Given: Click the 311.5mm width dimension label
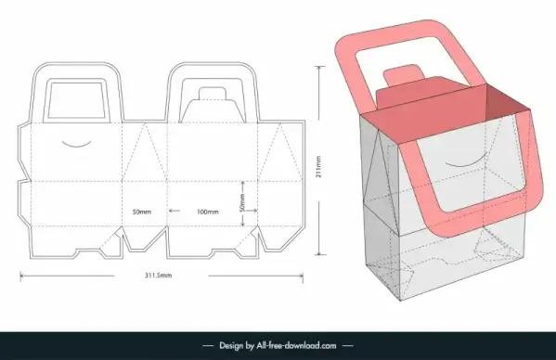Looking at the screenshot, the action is pos(158,276).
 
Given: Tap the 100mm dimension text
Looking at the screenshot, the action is pos(207,212).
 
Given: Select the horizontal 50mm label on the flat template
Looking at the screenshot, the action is pos(142,212).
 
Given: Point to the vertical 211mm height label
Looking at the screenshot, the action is pos(318,166).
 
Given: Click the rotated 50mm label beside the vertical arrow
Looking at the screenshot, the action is pos(242,203).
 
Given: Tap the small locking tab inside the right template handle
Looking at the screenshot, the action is pos(213,94).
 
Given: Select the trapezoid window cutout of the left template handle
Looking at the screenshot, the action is pos(77,100).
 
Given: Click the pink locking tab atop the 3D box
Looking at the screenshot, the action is pos(405,73).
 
